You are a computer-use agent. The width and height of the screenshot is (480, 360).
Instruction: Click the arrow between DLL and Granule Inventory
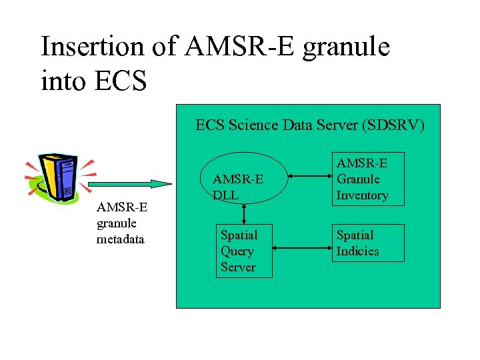pyautogui.click(x=305, y=178)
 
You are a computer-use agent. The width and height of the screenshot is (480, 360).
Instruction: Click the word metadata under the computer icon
pyautogui.click(x=121, y=239)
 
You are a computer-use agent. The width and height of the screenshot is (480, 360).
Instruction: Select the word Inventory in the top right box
pyautogui.click(x=362, y=195)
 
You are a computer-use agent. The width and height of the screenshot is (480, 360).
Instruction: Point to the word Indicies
pyautogui.click(x=357, y=251)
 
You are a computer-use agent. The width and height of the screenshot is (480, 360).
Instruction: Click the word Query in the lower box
pyautogui.click(x=237, y=251)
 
